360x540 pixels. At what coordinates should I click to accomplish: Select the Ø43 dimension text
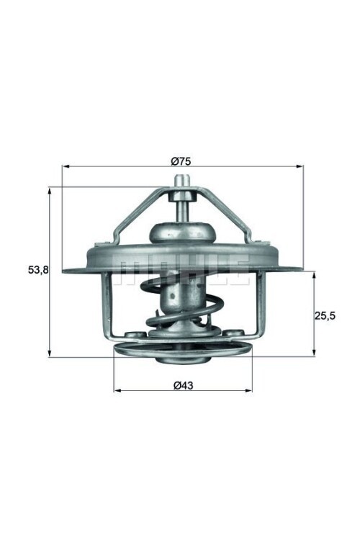click(x=182, y=385)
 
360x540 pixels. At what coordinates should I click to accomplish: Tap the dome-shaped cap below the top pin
click(x=183, y=232)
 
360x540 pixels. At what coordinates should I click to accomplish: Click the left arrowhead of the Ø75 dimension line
click(x=66, y=167)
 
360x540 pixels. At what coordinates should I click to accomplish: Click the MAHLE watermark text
click(x=183, y=268)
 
